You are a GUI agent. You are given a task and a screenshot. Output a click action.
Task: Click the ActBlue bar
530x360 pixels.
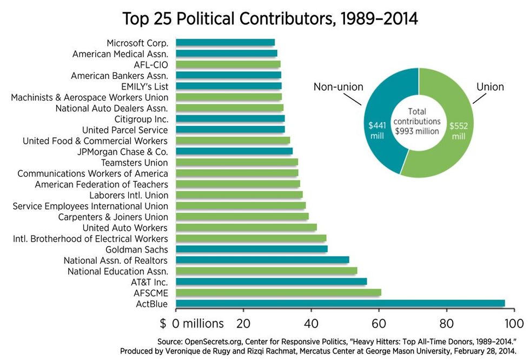(340, 303)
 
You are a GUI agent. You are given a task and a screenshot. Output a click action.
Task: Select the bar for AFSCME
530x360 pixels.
(278, 292)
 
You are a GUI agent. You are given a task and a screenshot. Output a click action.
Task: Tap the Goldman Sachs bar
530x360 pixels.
(251, 249)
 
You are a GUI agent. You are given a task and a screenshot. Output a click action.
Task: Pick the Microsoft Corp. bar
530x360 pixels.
(225, 43)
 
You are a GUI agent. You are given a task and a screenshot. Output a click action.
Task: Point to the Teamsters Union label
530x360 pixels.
(134, 163)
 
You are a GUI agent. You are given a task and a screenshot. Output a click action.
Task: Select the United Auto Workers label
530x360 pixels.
(125, 228)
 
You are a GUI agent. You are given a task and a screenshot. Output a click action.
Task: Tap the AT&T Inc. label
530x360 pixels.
(149, 282)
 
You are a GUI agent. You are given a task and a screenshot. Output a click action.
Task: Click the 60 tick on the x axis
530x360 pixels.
(379, 324)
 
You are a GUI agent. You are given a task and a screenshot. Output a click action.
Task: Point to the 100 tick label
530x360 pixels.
(514, 324)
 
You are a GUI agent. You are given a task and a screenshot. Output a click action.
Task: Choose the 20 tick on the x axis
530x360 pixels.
(243, 324)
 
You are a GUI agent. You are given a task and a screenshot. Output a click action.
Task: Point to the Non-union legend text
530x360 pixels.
(339, 86)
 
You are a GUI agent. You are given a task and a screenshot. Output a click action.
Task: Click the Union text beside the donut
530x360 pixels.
(490, 86)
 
